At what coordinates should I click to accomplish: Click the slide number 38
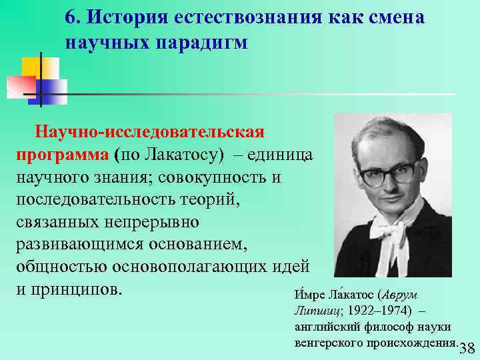467,349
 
